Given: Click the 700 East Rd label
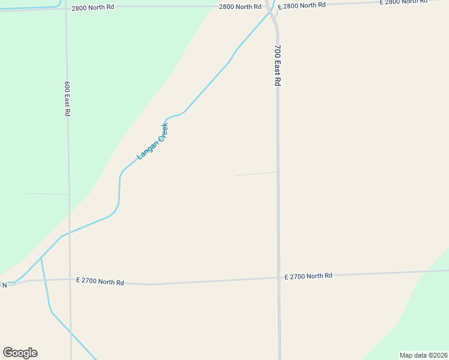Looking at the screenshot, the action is click(x=278, y=65).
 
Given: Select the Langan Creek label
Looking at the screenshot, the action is click(x=152, y=142).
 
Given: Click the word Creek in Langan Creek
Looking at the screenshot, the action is click(x=160, y=133).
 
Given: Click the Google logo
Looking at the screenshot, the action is click(x=20, y=353).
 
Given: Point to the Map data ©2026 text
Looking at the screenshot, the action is click(x=423, y=355).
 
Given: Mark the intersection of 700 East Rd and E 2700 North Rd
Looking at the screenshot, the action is click(x=279, y=277).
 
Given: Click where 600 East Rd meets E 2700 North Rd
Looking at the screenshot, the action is click(x=70, y=280).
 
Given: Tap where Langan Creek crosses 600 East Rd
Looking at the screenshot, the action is click(x=69, y=232).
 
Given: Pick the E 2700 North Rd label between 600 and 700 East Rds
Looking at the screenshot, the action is click(x=100, y=281).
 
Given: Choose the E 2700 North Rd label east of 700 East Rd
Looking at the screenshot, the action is click(x=308, y=276).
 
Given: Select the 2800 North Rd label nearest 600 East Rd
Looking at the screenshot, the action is click(x=92, y=8).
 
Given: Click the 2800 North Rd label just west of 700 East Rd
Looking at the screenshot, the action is click(x=240, y=7).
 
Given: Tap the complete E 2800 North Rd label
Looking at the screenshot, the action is click(x=302, y=5).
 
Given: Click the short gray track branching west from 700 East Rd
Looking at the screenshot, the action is click(x=256, y=174).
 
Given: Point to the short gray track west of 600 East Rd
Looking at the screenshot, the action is click(x=47, y=194).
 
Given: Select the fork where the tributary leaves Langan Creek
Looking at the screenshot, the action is click(x=41, y=259).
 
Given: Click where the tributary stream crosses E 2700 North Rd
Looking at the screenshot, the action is click(x=44, y=280).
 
